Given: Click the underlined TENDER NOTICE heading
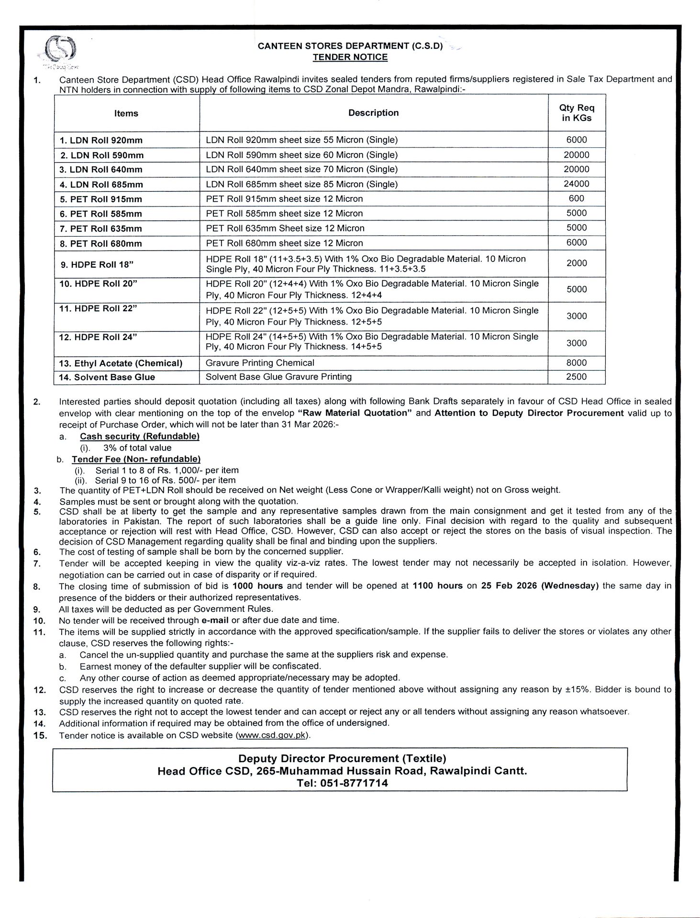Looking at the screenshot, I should tap(350, 57).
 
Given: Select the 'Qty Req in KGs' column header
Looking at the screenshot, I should tap(577, 113).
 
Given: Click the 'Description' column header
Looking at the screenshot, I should tap(373, 113).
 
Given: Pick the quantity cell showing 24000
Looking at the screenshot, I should tap(577, 184).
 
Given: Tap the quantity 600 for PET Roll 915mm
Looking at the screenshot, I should tap(577, 198).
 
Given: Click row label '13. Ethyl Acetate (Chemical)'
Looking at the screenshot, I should tap(121, 363).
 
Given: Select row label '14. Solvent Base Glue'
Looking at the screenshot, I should tap(107, 377).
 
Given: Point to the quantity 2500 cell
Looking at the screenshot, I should tap(576, 377).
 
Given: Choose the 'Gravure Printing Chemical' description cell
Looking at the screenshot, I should tap(260, 363).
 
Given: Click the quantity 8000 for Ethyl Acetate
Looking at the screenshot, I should tap(576, 363).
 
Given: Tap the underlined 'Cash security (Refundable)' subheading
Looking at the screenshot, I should tap(139, 436).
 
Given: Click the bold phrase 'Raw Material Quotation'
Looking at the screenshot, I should tap(355, 413).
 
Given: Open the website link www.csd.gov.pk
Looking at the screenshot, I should tap(271, 735).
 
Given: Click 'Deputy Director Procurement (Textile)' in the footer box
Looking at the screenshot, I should tap(342, 758).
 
